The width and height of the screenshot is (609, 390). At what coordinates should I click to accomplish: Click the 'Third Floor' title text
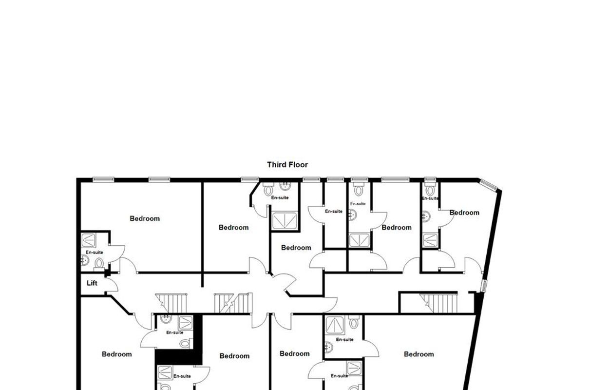point(287,165)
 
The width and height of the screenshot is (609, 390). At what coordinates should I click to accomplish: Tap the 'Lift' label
point(92,283)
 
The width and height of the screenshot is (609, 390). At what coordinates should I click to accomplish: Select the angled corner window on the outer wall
point(488,184)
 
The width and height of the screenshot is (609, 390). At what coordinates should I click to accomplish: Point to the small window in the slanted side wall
point(484,286)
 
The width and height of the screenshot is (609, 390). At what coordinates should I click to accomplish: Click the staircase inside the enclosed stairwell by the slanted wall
point(438,303)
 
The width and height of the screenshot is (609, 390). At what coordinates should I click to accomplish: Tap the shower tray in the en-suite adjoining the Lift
point(88,240)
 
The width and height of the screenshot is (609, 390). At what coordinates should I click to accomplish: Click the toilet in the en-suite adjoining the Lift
point(99,264)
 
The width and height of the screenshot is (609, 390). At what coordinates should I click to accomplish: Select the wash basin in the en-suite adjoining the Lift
point(85,260)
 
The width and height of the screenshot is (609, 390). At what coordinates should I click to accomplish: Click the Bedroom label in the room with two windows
point(145,218)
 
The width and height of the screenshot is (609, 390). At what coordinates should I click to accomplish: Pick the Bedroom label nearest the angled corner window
point(464,213)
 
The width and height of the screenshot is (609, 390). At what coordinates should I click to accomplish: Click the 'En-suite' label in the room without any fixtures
point(334,211)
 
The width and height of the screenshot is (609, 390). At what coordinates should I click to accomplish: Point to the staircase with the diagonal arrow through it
point(233,303)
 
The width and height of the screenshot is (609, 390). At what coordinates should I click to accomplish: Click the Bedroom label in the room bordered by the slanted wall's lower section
point(419,354)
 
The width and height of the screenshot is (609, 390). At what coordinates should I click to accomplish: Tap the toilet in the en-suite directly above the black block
point(186,344)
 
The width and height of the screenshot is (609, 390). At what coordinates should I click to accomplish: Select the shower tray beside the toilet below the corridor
point(335,325)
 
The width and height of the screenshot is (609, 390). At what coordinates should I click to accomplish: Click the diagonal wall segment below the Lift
point(120,305)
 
